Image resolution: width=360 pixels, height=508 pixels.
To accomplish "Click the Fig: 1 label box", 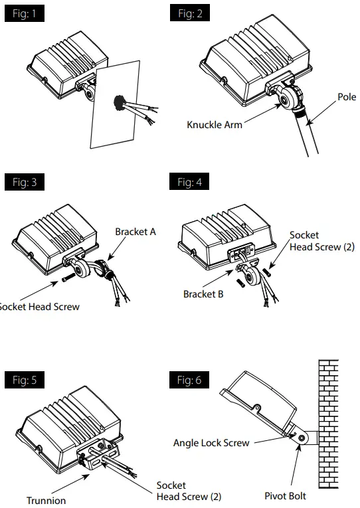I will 25,13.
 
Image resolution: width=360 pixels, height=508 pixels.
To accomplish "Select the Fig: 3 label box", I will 25,182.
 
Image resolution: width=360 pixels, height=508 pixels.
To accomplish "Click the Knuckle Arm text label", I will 215,124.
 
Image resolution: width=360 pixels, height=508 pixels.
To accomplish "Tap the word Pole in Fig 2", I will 346,98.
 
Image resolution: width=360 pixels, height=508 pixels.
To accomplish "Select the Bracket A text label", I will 135,232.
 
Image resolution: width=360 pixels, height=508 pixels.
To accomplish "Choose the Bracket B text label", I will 203,294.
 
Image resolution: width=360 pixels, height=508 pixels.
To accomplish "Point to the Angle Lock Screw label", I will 211,443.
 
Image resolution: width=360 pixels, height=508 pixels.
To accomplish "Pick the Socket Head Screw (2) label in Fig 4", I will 321,241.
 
